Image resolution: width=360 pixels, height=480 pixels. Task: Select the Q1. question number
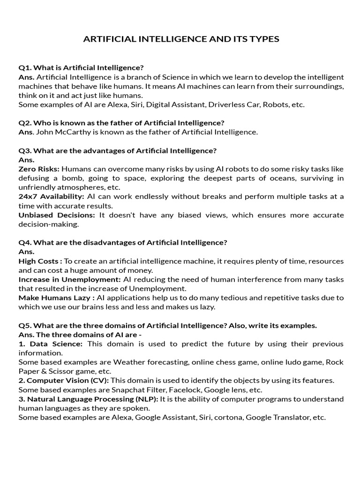25,67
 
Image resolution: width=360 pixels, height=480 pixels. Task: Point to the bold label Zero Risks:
39,169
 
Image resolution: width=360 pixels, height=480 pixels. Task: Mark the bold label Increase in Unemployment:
69,279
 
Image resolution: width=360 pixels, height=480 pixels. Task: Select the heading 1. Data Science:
51,344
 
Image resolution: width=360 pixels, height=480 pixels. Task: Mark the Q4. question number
25,242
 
